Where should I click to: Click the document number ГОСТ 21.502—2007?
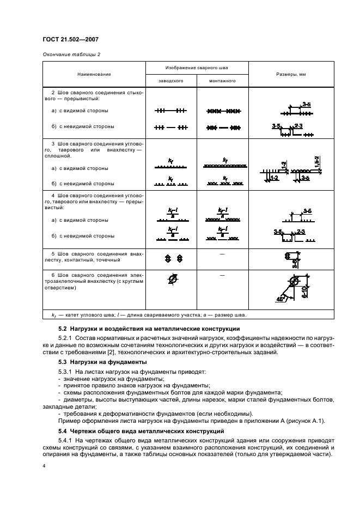(x=71, y=39)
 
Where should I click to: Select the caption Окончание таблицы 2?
(x=71, y=54)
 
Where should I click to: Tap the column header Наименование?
(x=94, y=74)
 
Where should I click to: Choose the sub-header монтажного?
(x=222, y=81)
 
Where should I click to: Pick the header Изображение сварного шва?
(x=197, y=68)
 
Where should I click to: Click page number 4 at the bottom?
(x=44, y=466)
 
